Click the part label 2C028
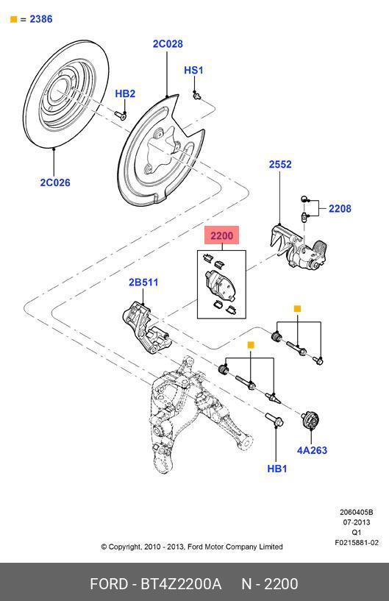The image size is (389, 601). (x=168, y=43)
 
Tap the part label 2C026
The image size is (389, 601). (x=55, y=182)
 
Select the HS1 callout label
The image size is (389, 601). (x=193, y=70)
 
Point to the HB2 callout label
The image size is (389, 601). (x=125, y=93)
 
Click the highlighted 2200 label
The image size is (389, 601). (x=221, y=235)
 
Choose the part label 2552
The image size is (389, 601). (x=280, y=164)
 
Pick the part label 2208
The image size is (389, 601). (x=340, y=208)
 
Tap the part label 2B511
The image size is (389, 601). (x=143, y=282)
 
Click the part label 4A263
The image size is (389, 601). (x=312, y=450)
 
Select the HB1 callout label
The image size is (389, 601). (x=276, y=469)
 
